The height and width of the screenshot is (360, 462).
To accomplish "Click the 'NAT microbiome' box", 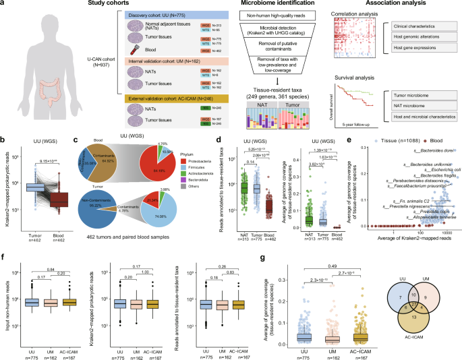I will pos(422,112).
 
